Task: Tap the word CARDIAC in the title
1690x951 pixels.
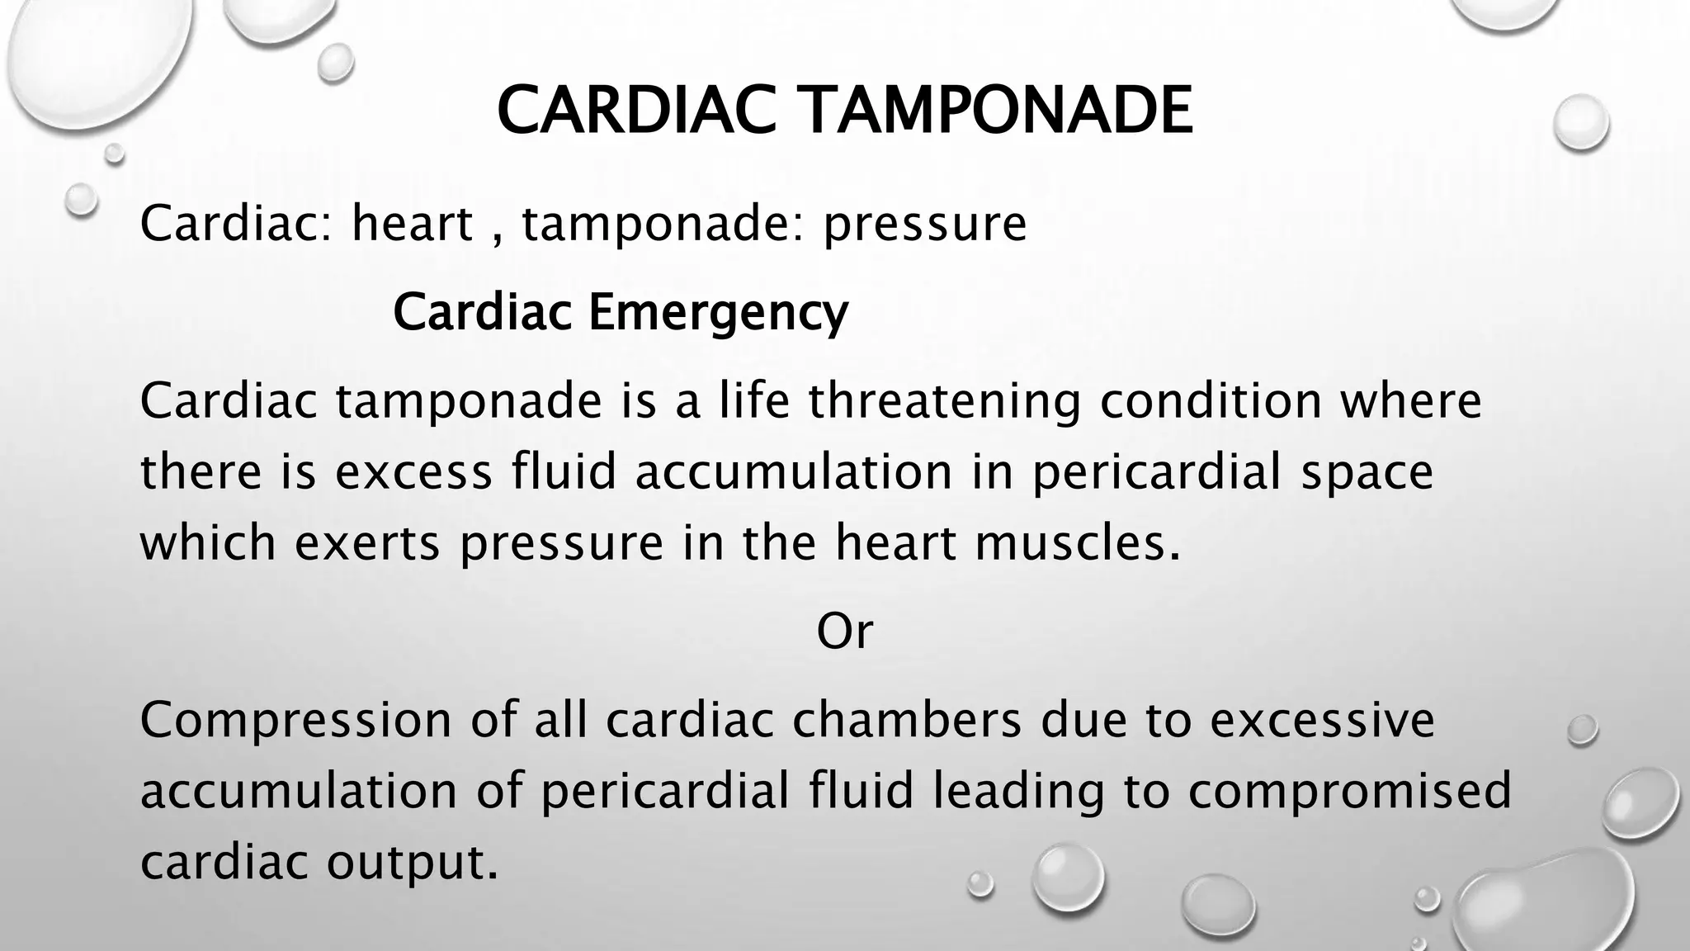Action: pyautogui.click(x=636, y=111)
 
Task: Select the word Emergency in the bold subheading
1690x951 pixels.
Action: pyautogui.click(x=717, y=312)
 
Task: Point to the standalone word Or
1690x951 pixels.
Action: pyautogui.click(x=844, y=632)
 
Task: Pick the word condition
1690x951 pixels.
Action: pyautogui.click(x=1210, y=401)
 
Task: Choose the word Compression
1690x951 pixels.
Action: pyautogui.click(x=295, y=720)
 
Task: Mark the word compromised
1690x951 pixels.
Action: pyautogui.click(x=1350, y=791)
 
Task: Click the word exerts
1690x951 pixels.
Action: pyautogui.click(x=366, y=543)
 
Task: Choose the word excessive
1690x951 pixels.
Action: pyautogui.click(x=1322, y=720)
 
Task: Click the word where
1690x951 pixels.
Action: pyautogui.click(x=1410, y=401)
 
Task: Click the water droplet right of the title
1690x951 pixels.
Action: pyautogui.click(x=1580, y=122)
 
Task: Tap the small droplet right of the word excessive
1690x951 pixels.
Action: pyautogui.click(x=1582, y=729)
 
